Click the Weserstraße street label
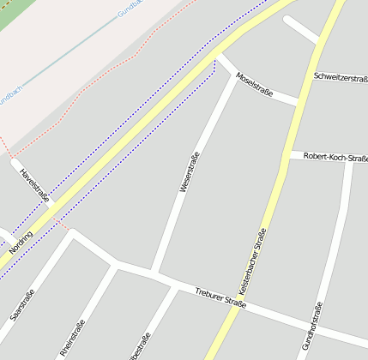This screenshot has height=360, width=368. [x=190, y=171]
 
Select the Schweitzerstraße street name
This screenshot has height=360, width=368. [x=341, y=78]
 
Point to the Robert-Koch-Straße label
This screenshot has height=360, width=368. [x=335, y=158]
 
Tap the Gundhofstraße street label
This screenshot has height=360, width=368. [x=311, y=327]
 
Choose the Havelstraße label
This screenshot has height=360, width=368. [x=34, y=186]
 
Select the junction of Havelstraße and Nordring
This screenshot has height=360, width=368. [x=54, y=209]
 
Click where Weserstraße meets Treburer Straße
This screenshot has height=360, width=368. [x=153, y=274]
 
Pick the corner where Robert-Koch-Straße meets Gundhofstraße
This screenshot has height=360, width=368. [x=348, y=160]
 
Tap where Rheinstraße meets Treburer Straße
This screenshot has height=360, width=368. [x=115, y=265]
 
